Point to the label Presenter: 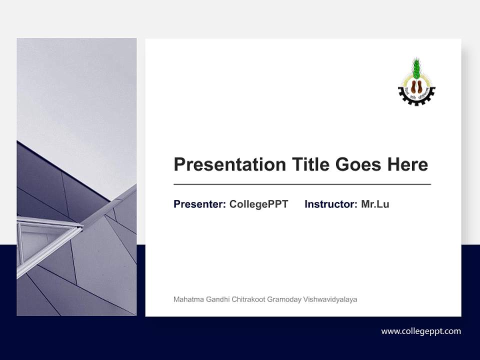pyautogui.click(x=199, y=204)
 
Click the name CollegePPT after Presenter pyautogui.click(x=258, y=204)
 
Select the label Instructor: pyautogui.click(x=330, y=204)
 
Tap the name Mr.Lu pyautogui.click(x=375, y=204)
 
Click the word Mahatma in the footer pyautogui.click(x=185, y=299)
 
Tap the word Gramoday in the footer pyautogui.click(x=284, y=299)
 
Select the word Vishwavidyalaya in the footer pyautogui.click(x=330, y=299)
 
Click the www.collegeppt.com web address pyautogui.click(x=421, y=331)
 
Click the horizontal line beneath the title pyautogui.click(x=302, y=184)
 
